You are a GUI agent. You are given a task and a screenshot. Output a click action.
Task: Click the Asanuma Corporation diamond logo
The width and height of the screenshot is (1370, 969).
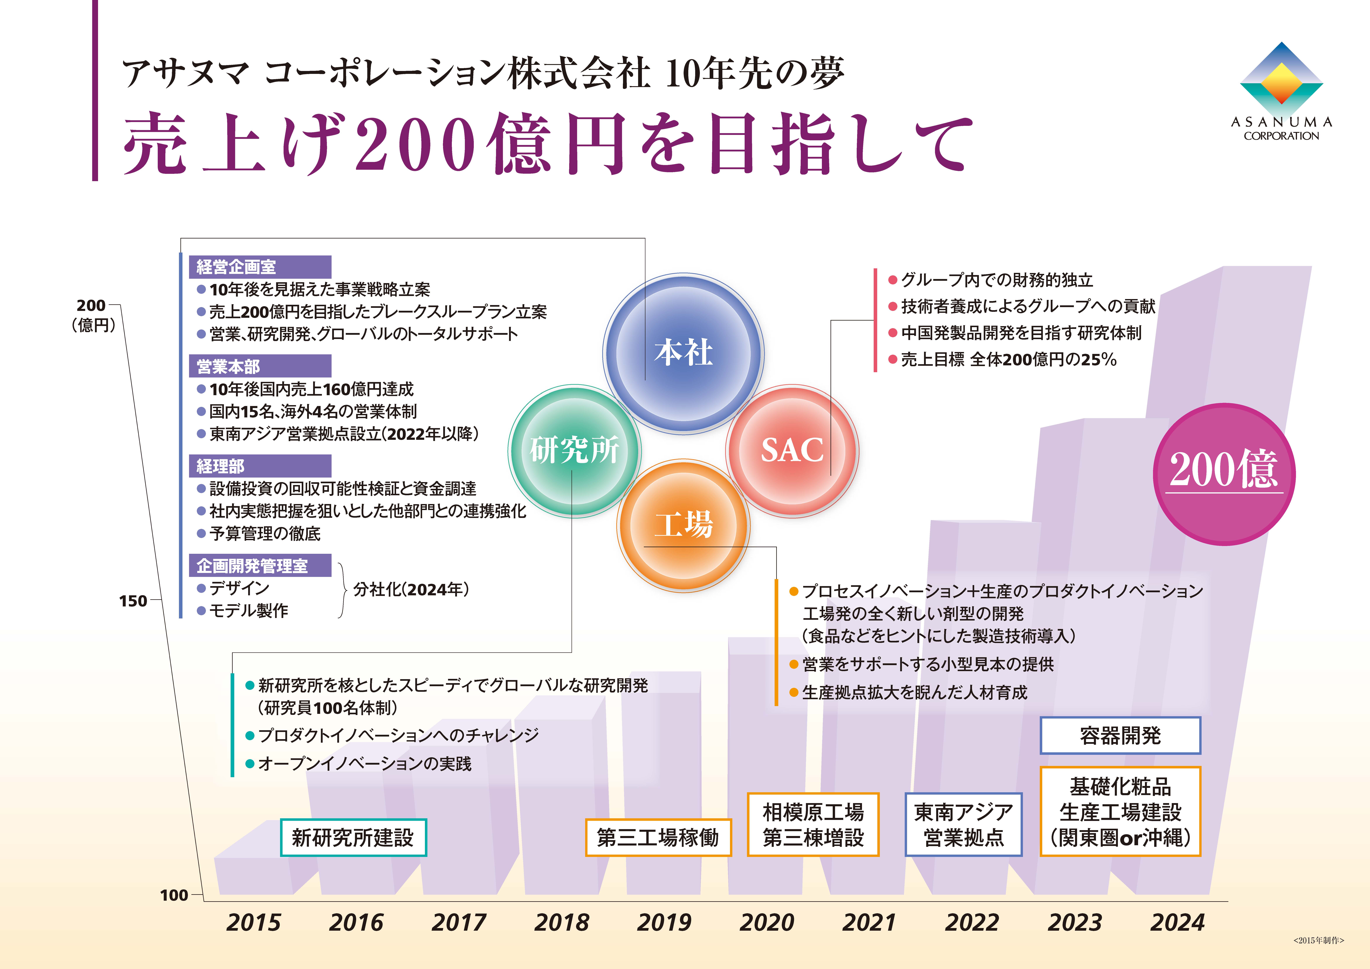click(x=1281, y=81)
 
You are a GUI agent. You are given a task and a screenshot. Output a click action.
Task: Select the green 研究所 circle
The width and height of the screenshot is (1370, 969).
click(x=574, y=450)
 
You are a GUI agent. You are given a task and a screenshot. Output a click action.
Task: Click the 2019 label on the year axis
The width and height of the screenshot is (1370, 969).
click(x=664, y=922)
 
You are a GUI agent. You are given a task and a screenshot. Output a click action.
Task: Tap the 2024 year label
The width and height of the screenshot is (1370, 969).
click(x=1177, y=922)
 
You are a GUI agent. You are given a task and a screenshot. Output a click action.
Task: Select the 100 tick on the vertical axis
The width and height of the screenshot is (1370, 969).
click(x=174, y=895)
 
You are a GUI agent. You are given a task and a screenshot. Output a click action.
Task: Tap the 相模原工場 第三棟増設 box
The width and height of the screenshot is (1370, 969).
click(x=813, y=825)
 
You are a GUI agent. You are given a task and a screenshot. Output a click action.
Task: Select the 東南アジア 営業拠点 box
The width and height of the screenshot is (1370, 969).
click(x=964, y=825)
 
